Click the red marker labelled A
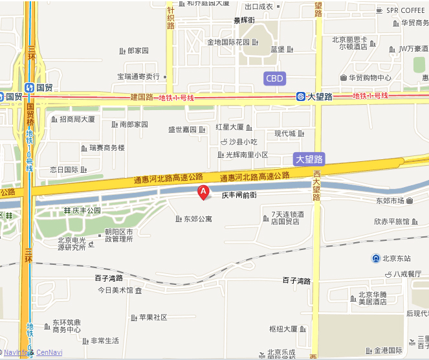click(x=203, y=192)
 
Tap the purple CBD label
click(x=275, y=79)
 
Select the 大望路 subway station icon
click(x=301, y=96)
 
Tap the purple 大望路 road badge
click(x=309, y=159)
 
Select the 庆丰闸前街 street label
click(x=239, y=195)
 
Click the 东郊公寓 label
click(x=198, y=219)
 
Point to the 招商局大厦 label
click(x=77, y=119)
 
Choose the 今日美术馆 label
click(x=115, y=290)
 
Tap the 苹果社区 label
click(x=153, y=317)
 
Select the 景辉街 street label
click(x=244, y=20)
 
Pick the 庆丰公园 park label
click(x=87, y=210)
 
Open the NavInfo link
click(x=18, y=352)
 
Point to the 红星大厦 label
click(x=230, y=127)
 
